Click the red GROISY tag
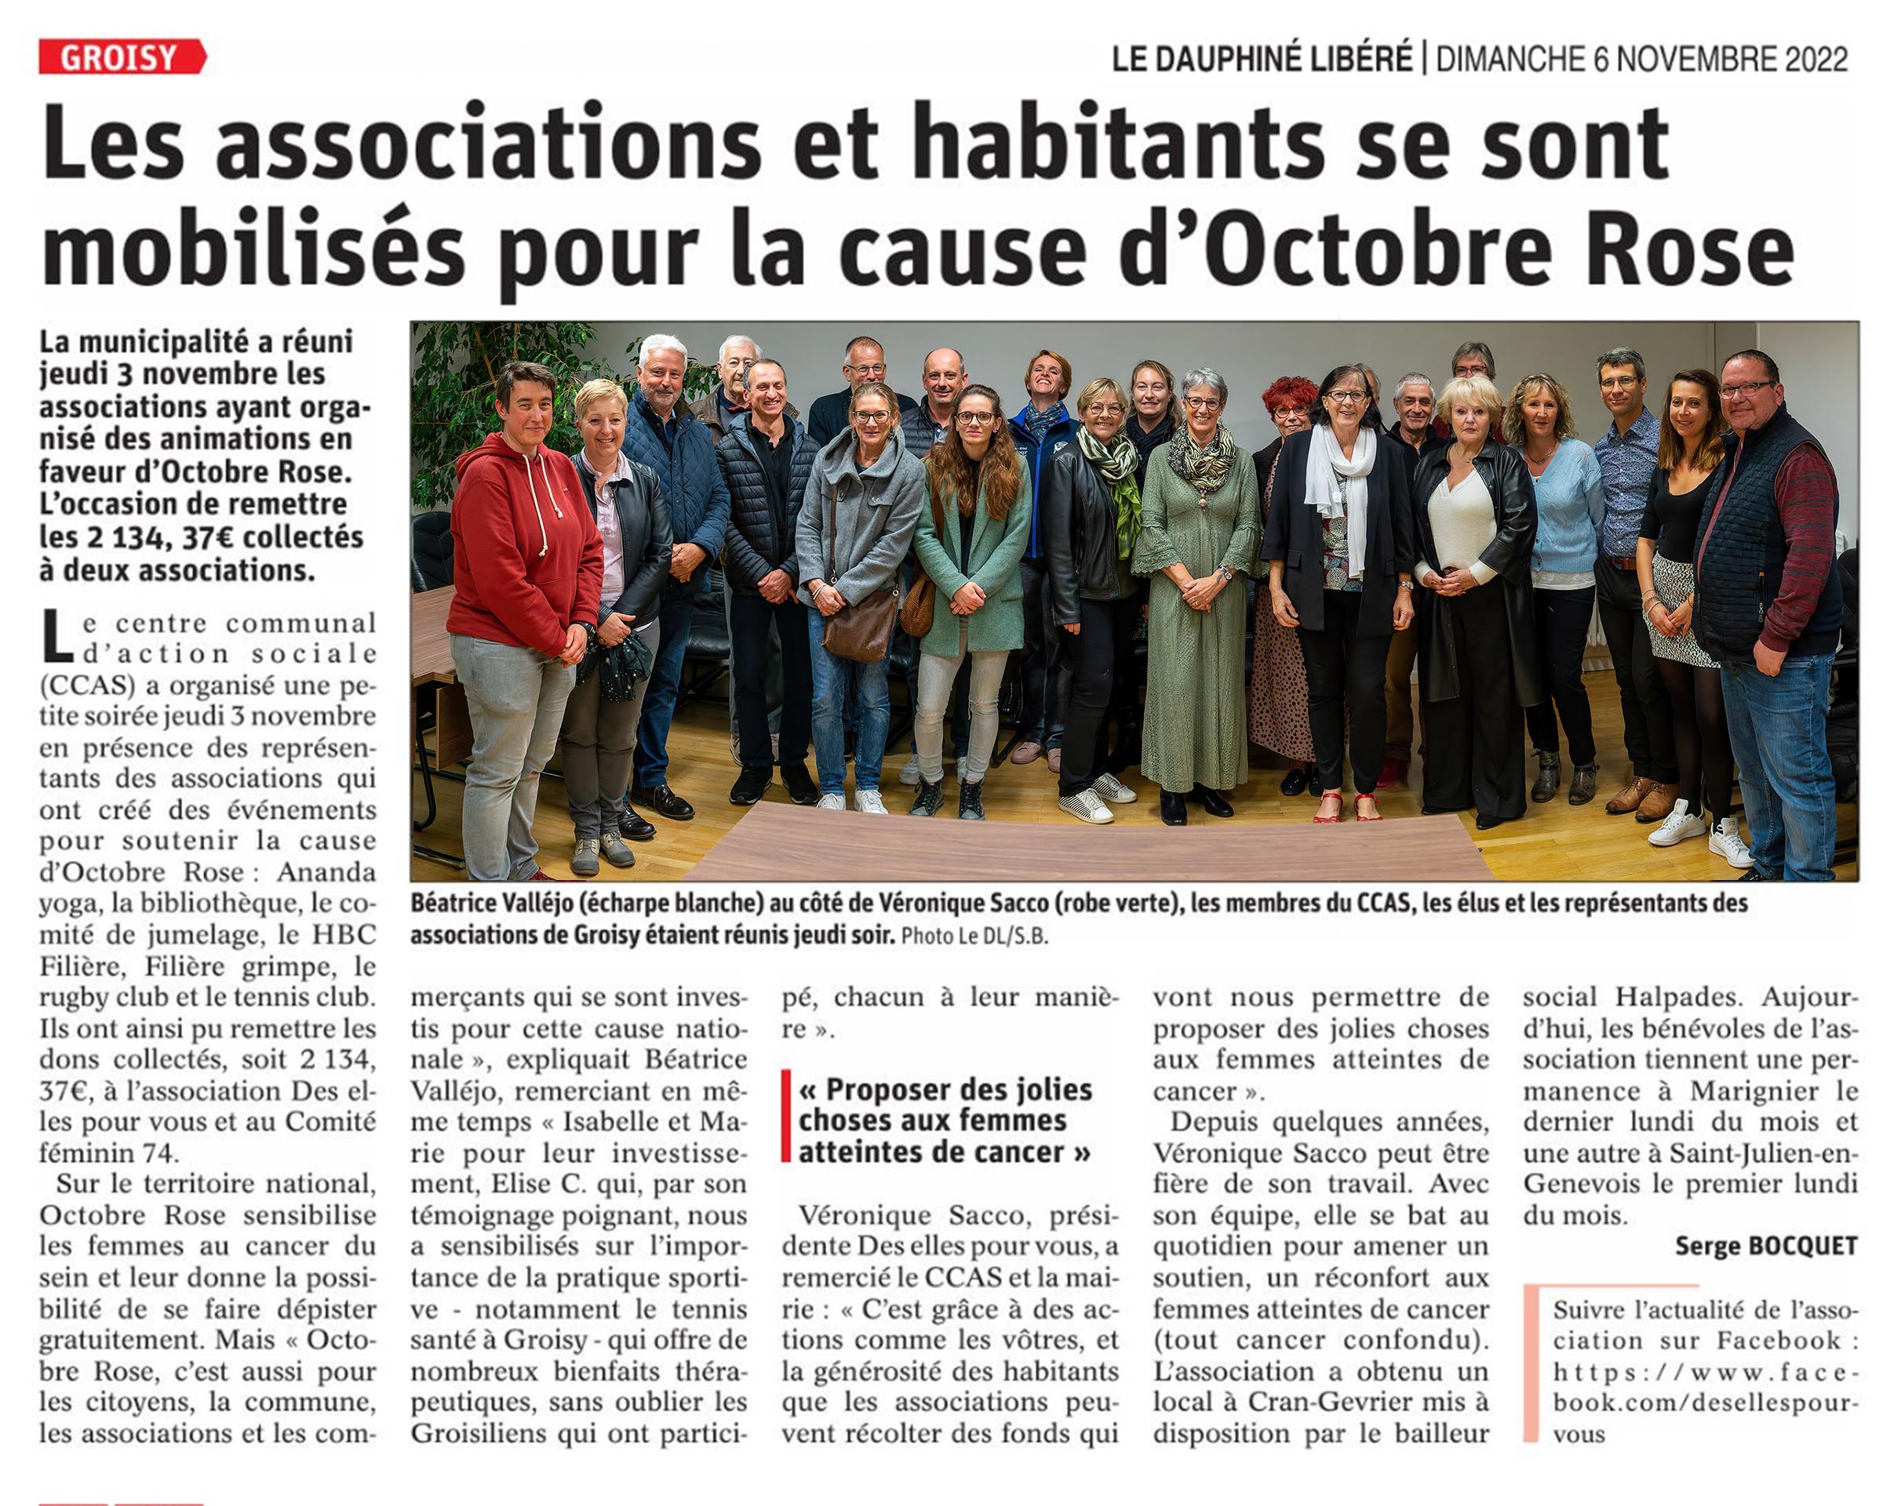tap(122, 57)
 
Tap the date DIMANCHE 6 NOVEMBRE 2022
tap(1641, 60)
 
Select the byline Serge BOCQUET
tap(1765, 1246)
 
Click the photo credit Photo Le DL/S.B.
tap(974, 936)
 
